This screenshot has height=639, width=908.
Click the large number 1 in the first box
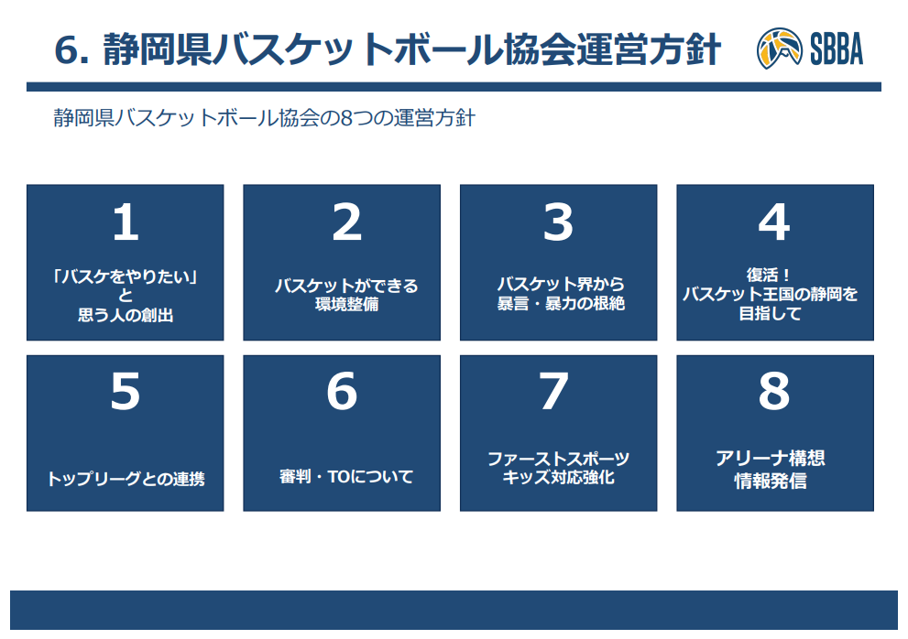pyautogui.click(x=126, y=222)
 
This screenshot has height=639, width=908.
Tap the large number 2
pyautogui.click(x=347, y=222)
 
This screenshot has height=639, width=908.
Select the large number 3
pyautogui.click(x=558, y=222)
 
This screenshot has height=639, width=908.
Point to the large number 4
pyautogui.click(x=774, y=222)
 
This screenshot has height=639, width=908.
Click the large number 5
pyautogui.click(x=126, y=391)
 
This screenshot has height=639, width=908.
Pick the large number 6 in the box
pyautogui.click(x=342, y=391)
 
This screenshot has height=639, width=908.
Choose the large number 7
pyautogui.click(x=553, y=391)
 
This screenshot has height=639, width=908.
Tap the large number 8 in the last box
pyautogui.click(x=774, y=391)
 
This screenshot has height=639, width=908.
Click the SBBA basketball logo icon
pyautogui.click(x=779, y=48)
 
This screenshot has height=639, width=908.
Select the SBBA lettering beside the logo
pyautogui.click(x=837, y=49)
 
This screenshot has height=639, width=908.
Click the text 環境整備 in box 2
pyautogui.click(x=347, y=304)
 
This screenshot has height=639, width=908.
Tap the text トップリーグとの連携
pyautogui.click(x=126, y=479)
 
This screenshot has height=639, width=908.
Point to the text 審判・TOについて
pyautogui.click(x=346, y=476)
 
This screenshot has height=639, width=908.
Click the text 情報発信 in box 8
pyautogui.click(x=771, y=481)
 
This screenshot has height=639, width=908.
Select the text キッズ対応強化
pyautogui.click(x=558, y=477)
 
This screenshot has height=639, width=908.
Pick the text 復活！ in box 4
pyautogui.click(x=768, y=275)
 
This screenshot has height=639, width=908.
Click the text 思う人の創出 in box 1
pyautogui.click(x=126, y=315)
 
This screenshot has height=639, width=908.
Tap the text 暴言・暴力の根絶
pyautogui.click(x=561, y=303)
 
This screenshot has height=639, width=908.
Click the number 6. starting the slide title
pyautogui.click(x=71, y=49)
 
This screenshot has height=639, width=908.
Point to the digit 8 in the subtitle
pyautogui.click(x=346, y=118)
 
